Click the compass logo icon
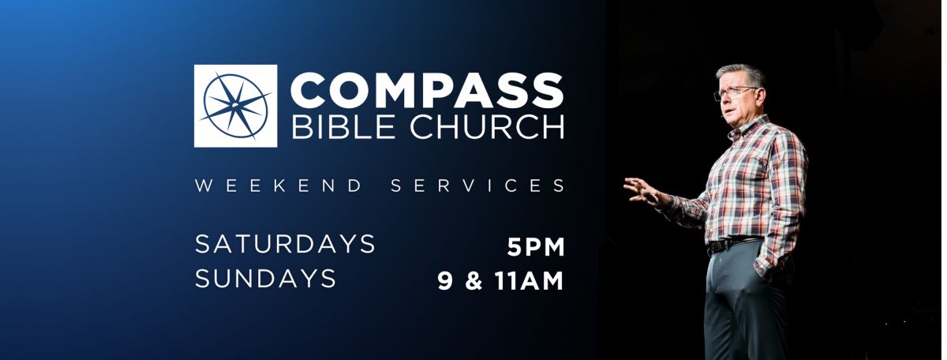(x=235, y=106)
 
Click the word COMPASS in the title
(x=427, y=91)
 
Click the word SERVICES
(x=477, y=186)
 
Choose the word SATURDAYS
(x=285, y=244)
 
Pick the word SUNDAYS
(x=265, y=279)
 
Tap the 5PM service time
(x=536, y=247)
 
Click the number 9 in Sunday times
(x=445, y=281)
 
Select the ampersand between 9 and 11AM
(x=474, y=281)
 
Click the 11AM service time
(x=530, y=281)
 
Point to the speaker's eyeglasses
(x=735, y=93)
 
